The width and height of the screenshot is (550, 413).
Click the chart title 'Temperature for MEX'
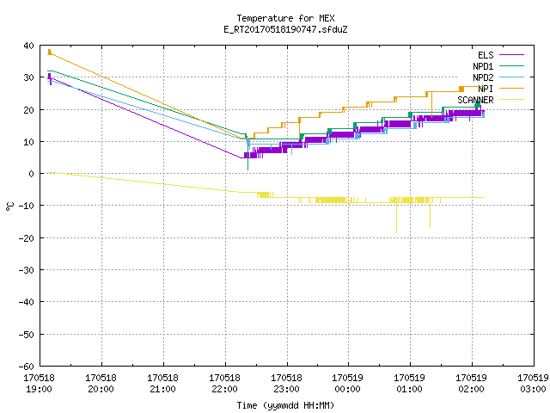(x=285, y=18)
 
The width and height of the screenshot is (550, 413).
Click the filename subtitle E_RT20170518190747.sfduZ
(x=285, y=29)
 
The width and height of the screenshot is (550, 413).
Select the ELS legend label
(x=486, y=55)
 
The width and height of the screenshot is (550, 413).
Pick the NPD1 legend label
(x=483, y=66)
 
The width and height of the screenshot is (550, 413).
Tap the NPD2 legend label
(x=483, y=77)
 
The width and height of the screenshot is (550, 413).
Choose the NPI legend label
(x=486, y=89)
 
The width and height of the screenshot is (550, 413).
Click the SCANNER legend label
(x=475, y=100)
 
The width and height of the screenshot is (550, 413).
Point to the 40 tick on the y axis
(x=28, y=46)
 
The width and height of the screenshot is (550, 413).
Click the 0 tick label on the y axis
(x=32, y=174)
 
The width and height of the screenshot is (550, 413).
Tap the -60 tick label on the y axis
(x=27, y=367)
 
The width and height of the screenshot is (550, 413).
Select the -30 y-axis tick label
(x=27, y=270)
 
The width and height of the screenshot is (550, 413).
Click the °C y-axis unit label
(x=9, y=206)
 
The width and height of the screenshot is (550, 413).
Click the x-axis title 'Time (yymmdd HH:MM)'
(x=285, y=405)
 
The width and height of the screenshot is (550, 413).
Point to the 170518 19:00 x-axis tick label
(x=39, y=384)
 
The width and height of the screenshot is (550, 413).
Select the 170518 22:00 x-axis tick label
(x=224, y=384)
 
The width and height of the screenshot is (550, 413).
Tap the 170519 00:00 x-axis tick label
(x=347, y=384)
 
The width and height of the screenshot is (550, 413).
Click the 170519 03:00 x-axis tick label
(x=533, y=384)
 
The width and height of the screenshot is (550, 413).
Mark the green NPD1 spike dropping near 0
(x=248, y=170)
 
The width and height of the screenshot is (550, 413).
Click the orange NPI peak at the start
(x=50, y=50)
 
